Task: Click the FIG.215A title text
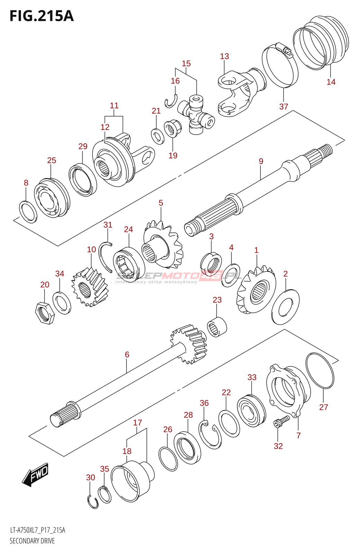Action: [x=42, y=16]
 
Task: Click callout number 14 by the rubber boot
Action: [x=331, y=82]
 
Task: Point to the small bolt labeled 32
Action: [x=280, y=422]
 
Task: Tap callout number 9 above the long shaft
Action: [x=261, y=161]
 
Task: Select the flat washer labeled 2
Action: [x=286, y=307]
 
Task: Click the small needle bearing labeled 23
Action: [x=217, y=327]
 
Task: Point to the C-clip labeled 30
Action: [x=93, y=502]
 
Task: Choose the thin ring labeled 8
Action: [x=28, y=212]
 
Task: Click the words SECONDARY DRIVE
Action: [x=32, y=541]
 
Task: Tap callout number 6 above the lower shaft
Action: [x=127, y=355]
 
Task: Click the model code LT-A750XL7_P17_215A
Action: [x=37, y=530]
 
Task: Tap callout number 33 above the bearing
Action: [x=252, y=377]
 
